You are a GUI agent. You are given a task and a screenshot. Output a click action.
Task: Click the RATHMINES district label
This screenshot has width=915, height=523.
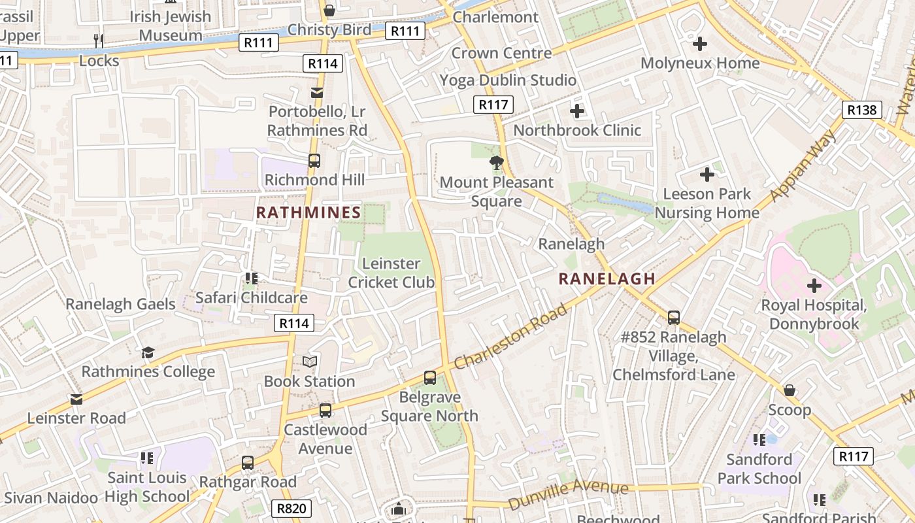[x=308, y=212]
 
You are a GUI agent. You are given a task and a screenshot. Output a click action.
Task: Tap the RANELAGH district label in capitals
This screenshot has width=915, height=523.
[x=607, y=278]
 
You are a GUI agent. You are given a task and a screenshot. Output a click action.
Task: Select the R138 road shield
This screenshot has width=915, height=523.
[x=861, y=110]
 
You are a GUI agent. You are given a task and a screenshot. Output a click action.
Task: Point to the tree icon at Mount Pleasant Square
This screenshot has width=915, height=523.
[x=497, y=163]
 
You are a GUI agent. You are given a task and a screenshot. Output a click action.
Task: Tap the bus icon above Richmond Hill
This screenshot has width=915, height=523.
[x=314, y=161]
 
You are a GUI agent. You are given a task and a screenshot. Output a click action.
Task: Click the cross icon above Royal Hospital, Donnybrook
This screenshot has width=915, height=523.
[x=814, y=286]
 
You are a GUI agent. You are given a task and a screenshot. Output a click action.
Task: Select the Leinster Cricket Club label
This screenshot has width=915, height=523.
[x=391, y=273]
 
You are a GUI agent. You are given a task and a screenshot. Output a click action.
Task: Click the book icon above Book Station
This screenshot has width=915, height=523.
[x=310, y=362]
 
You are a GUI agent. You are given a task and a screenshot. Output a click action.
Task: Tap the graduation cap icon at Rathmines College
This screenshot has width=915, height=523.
[x=148, y=352]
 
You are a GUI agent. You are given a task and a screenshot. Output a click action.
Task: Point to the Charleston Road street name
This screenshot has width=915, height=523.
[x=511, y=337]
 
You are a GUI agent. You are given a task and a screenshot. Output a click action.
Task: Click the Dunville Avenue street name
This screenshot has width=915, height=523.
[x=568, y=494]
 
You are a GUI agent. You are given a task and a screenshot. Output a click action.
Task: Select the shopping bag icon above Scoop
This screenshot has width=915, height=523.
[x=790, y=390]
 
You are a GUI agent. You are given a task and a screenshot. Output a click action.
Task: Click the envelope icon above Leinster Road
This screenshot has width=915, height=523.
[x=76, y=399]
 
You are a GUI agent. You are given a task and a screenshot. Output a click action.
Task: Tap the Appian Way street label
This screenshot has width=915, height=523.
[x=803, y=165]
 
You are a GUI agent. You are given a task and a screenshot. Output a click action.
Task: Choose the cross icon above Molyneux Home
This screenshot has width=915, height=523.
[x=700, y=44]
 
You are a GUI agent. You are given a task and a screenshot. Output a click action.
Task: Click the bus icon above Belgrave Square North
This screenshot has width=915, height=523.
[x=429, y=377]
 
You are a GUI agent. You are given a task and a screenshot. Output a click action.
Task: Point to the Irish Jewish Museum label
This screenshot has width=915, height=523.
[x=171, y=25]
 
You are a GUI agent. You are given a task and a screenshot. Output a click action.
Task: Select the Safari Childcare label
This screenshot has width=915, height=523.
[x=252, y=297]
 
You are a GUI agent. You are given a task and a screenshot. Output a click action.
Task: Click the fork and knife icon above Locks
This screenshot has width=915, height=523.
[x=99, y=41]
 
